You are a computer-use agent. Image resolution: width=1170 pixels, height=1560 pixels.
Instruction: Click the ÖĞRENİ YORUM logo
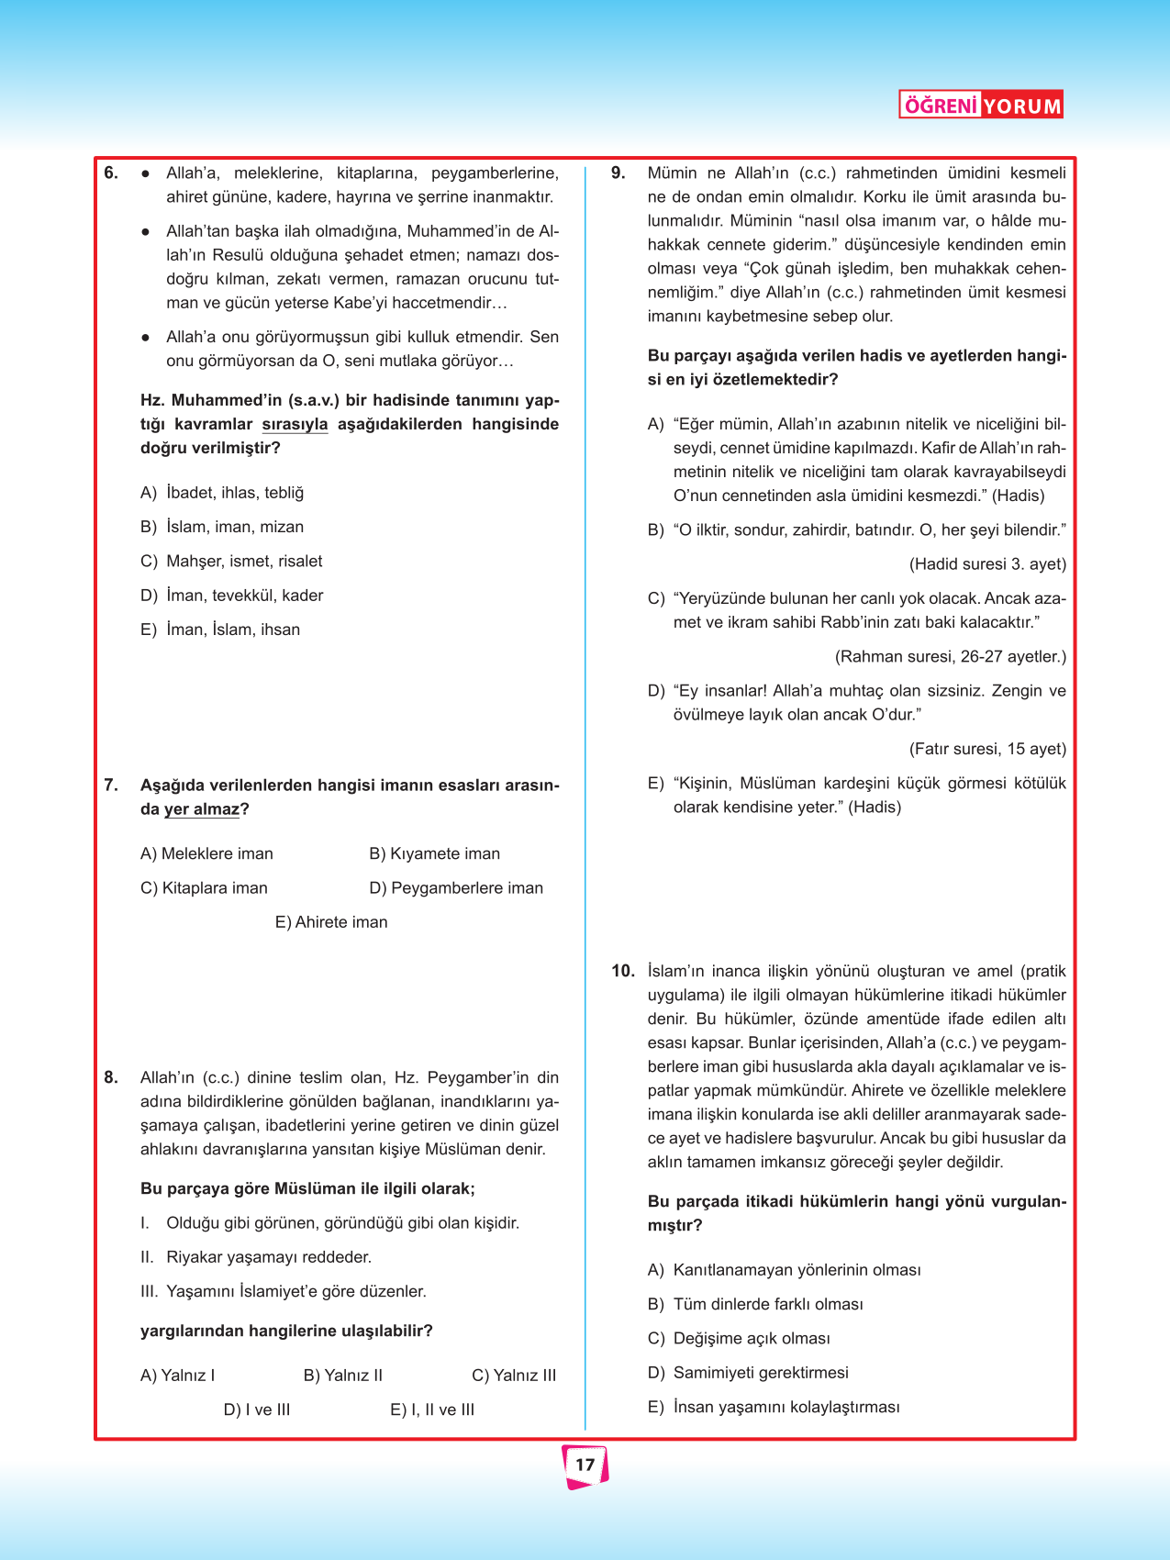[980, 106]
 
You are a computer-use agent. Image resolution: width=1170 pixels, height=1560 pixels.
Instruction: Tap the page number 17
[585, 1465]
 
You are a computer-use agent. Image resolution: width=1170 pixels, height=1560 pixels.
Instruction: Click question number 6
[111, 173]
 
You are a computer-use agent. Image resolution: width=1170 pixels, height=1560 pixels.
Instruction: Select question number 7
[111, 785]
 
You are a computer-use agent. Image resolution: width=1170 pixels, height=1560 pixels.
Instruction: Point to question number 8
[111, 1077]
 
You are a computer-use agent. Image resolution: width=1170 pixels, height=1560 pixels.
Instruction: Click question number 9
[618, 173]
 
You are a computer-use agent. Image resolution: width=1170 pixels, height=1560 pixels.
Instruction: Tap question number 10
[623, 971]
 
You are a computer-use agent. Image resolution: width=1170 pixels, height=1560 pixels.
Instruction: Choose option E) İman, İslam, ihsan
[220, 630]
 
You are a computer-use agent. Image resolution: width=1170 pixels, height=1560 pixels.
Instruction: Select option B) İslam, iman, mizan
[222, 527]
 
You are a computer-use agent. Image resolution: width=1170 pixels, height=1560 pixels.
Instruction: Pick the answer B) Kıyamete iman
[434, 853]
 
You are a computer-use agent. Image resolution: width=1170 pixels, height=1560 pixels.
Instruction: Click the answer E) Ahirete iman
[331, 922]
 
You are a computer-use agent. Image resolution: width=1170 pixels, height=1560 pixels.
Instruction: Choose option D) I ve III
[257, 1410]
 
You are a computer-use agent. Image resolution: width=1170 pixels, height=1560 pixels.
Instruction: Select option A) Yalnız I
[178, 1375]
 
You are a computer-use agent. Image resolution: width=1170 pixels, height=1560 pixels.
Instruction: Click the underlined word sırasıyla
[295, 424]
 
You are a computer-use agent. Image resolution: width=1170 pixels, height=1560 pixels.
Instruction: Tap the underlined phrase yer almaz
[202, 809]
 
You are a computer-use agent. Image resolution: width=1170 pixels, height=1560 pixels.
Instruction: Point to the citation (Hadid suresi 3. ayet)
[987, 564]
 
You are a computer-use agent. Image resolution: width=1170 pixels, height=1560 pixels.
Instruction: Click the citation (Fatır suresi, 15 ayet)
[987, 749]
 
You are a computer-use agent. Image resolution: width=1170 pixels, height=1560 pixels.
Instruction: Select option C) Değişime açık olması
[739, 1338]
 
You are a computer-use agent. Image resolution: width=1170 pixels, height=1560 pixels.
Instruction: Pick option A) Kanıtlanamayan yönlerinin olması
[785, 1270]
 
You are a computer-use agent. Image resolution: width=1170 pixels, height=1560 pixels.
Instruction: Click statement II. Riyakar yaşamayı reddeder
[256, 1257]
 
